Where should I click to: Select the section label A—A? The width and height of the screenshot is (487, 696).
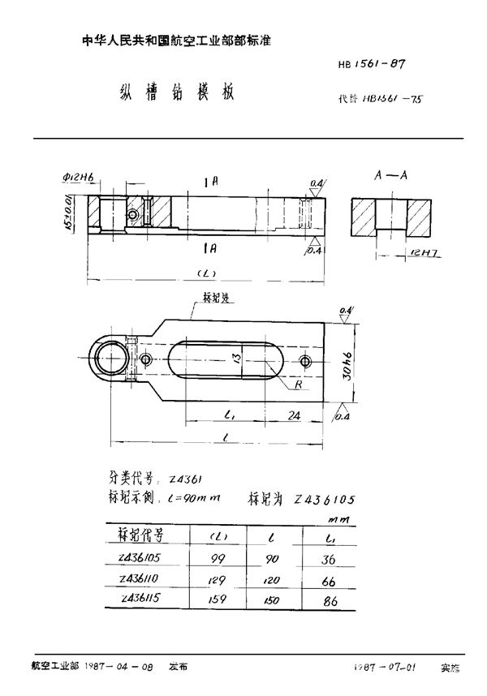390,175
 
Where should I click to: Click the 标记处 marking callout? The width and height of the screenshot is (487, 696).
214,299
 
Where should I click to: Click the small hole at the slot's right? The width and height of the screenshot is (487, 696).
304,361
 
